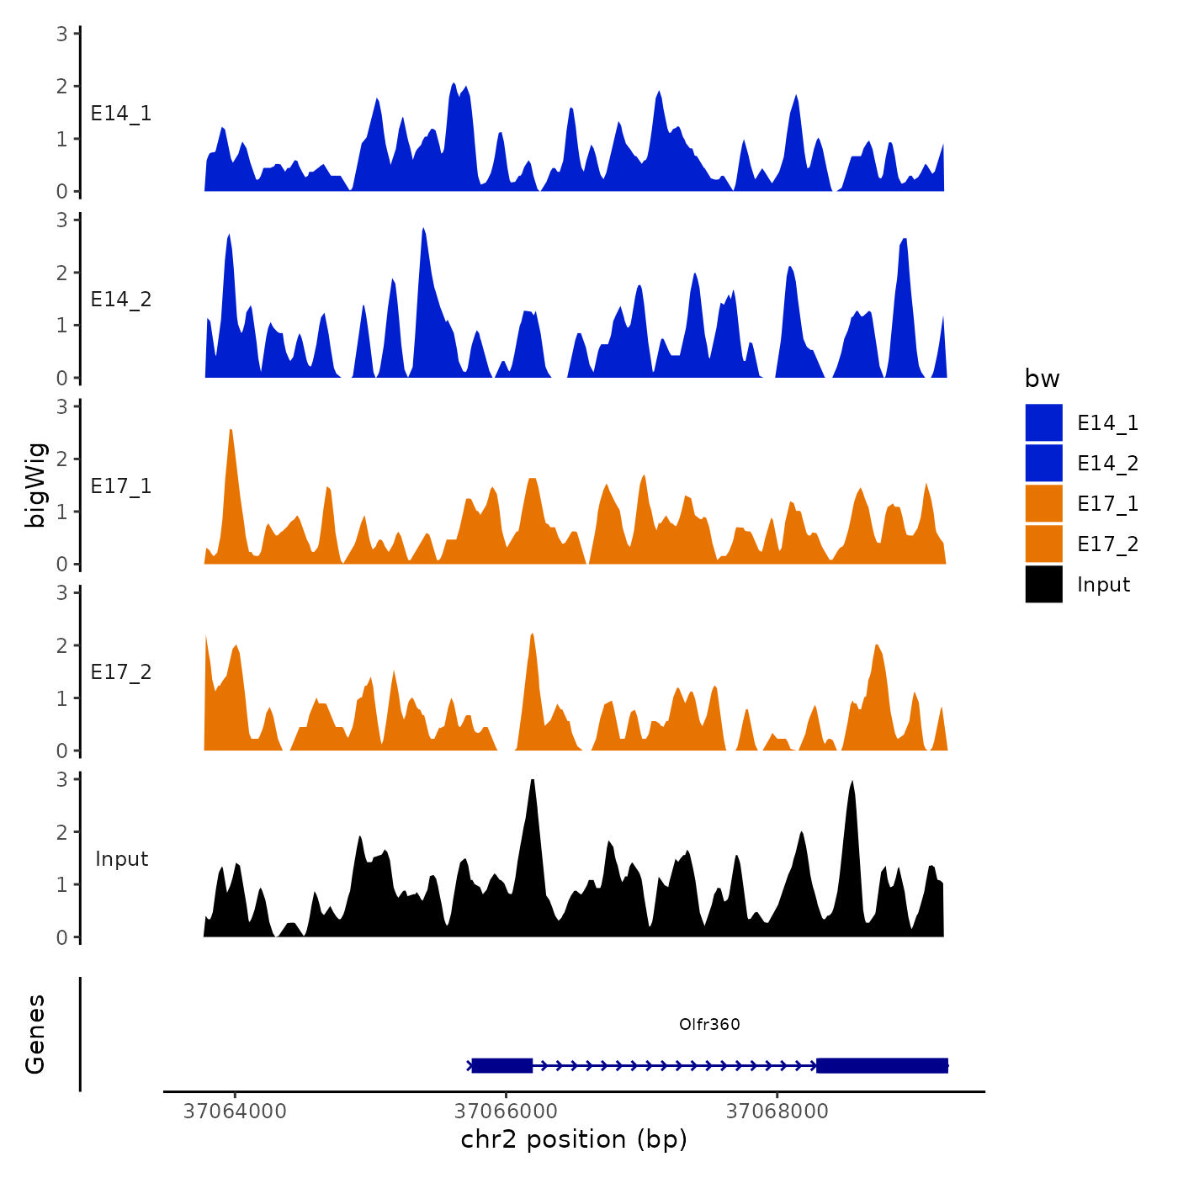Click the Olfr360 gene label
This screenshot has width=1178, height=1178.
[709, 1024]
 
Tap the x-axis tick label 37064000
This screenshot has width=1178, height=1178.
[235, 1112]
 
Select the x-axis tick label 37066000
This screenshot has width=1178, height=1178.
[506, 1112]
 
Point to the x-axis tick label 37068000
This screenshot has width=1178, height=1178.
[777, 1112]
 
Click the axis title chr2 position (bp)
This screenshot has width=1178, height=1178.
[574, 1139]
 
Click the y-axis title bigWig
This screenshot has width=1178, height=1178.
[35, 485]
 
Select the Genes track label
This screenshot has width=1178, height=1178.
[35, 1034]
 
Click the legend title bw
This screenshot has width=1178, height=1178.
[1042, 379]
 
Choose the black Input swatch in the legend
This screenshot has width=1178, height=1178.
[1043, 584]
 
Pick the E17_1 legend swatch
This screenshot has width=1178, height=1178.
[1043, 503]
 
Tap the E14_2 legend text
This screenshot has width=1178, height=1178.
[1107, 463]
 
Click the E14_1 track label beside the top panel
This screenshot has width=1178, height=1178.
[121, 114]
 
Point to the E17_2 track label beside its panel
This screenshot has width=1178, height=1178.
[121, 672]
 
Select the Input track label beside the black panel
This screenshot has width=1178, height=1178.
[121, 859]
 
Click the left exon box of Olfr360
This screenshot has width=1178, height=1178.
[502, 1065]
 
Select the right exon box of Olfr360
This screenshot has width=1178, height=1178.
[882, 1065]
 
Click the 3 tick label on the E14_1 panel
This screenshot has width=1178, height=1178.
[62, 34]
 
